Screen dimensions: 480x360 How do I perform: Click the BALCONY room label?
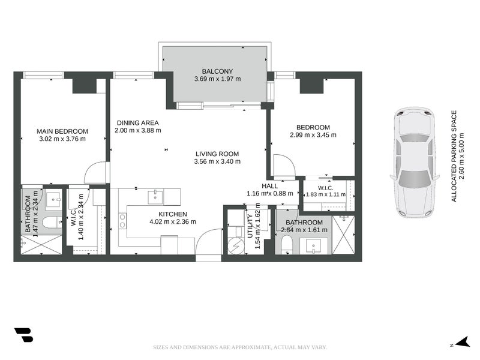click(217, 71)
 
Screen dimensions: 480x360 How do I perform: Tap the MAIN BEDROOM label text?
click(62, 131)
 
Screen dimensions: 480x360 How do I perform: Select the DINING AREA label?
click(138, 123)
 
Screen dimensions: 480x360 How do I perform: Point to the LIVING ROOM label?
click(217, 154)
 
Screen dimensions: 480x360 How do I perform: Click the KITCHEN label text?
click(173, 214)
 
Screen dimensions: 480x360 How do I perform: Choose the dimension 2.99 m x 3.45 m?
click(313, 134)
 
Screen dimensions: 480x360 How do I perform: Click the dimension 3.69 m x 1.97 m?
click(217, 79)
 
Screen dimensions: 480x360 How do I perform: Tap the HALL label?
click(269, 186)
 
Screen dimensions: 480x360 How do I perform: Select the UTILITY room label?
click(250, 226)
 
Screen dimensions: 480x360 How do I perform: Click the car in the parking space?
click(415, 162)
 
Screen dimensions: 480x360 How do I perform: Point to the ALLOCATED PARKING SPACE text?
click(454, 156)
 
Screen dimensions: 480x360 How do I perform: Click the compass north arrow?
click(464, 341)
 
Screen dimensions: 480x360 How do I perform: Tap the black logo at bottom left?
click(24, 335)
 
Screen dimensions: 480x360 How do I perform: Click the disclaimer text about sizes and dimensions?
click(240, 347)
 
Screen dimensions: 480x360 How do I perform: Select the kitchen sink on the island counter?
click(155, 197)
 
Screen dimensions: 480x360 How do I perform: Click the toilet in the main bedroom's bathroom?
click(52, 223)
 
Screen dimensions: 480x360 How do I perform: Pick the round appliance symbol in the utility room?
click(236, 246)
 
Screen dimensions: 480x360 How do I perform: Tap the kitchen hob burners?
click(122, 221)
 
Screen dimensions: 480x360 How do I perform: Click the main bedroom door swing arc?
click(95, 172)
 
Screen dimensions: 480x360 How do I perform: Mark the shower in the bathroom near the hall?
click(343, 235)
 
